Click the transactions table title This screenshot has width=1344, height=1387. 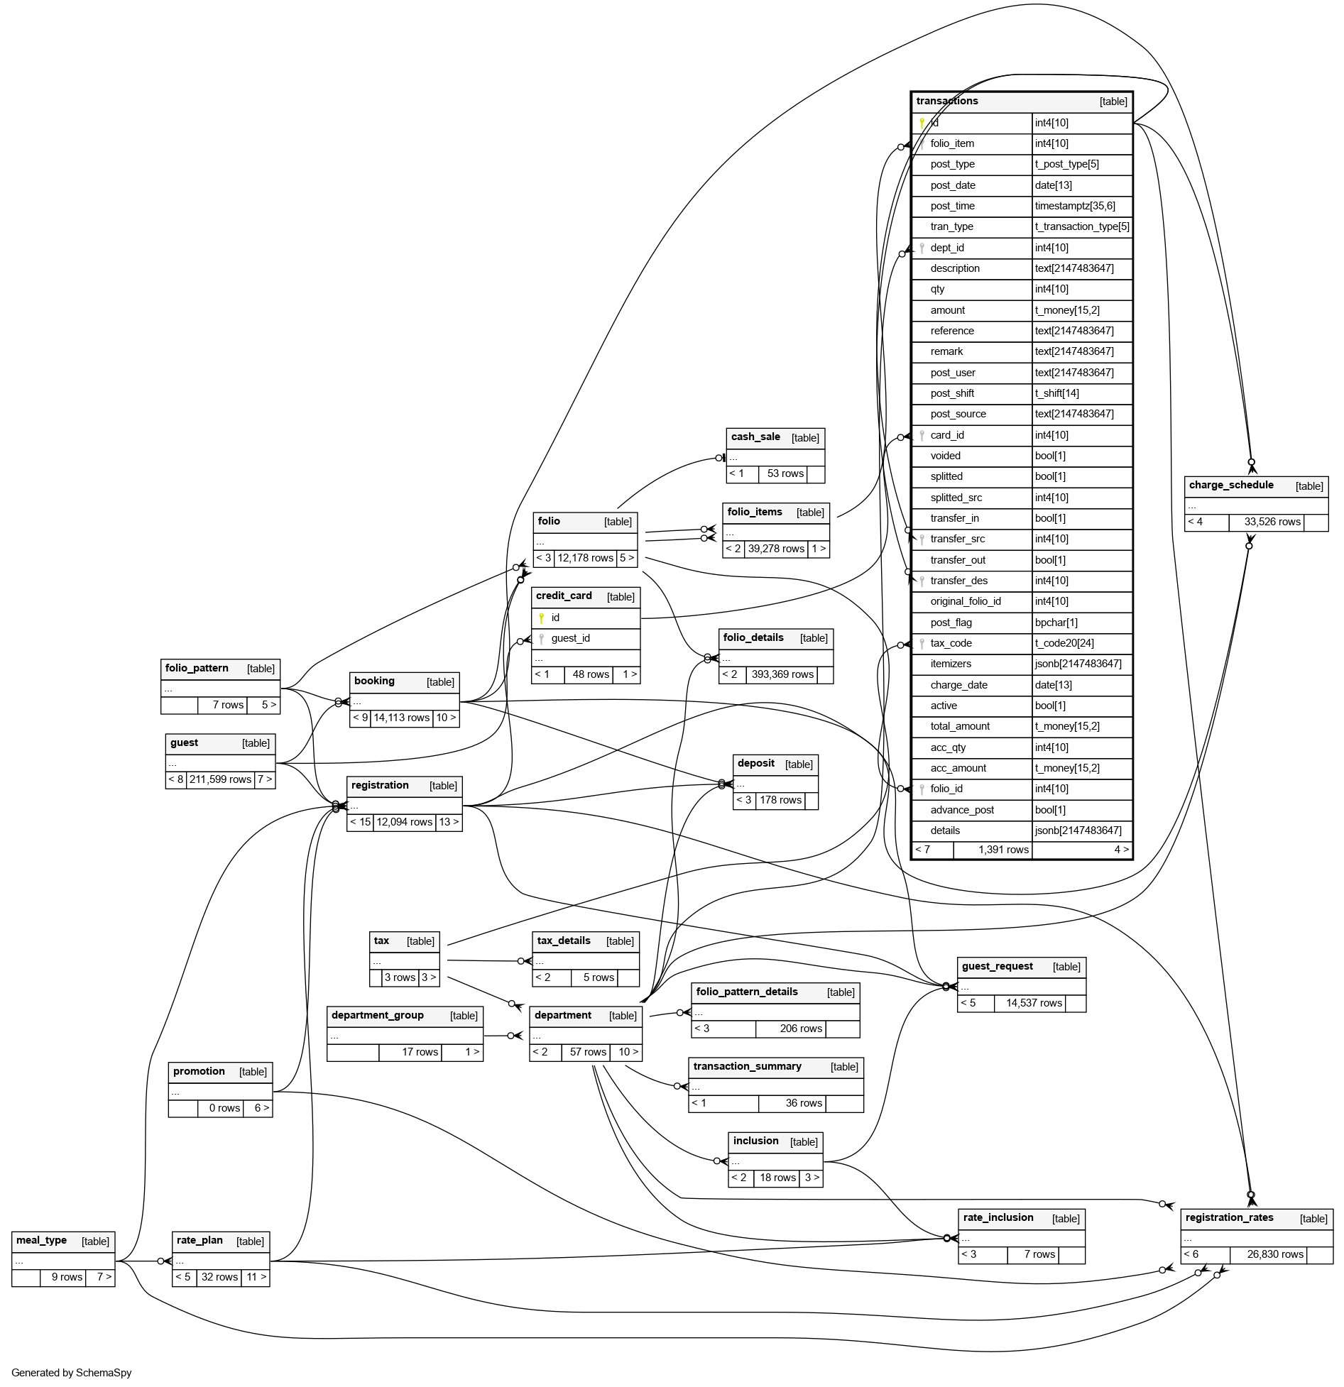(947, 102)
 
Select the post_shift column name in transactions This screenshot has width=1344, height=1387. (952, 393)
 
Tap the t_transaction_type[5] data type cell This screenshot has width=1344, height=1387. (1082, 226)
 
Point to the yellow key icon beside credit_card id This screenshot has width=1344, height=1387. (541, 618)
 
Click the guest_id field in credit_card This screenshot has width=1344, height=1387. (570, 638)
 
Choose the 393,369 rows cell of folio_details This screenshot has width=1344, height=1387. (782, 674)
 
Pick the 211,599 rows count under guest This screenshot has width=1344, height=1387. (220, 779)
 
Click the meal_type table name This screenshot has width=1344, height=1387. (41, 1240)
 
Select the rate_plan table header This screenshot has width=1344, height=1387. (200, 1240)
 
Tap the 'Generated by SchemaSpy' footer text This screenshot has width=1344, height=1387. (72, 1372)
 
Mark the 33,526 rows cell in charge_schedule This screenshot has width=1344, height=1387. (1272, 522)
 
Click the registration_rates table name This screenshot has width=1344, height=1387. (1229, 1217)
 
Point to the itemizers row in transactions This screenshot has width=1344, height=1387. (951, 664)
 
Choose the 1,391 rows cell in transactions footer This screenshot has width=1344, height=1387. (1003, 850)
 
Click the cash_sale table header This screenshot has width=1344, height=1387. (755, 437)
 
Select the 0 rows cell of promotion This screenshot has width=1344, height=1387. (224, 1108)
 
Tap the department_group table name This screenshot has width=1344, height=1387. (377, 1015)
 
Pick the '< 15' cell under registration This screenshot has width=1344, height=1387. (360, 822)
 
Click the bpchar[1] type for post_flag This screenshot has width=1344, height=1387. (1056, 623)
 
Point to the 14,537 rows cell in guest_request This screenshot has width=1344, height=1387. (1034, 1003)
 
